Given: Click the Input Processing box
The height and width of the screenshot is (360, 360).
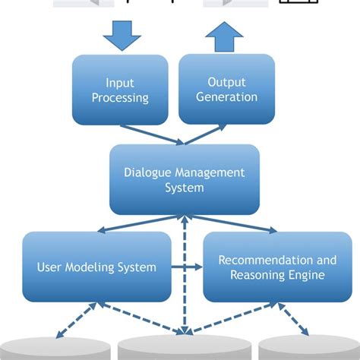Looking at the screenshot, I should [119, 90].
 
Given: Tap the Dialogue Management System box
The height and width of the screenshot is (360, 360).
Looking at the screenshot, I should [184, 180].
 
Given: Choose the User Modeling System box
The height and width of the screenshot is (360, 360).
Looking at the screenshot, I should [96, 267].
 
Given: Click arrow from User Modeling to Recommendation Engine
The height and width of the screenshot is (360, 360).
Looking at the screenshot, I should [187, 267].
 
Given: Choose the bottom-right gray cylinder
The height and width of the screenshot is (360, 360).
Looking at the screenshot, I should [308, 349].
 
